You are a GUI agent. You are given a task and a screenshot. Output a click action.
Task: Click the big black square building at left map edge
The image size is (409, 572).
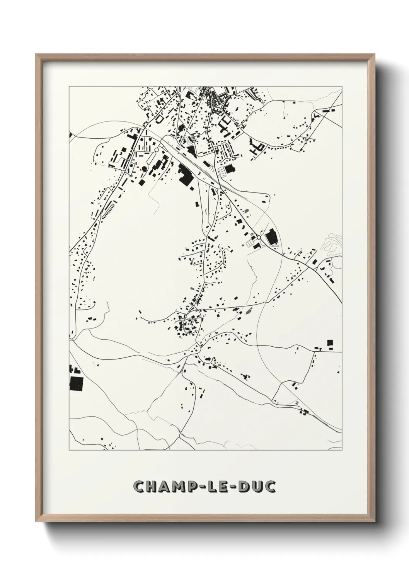76,384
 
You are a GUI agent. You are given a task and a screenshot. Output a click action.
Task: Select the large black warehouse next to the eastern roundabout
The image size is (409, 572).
271,237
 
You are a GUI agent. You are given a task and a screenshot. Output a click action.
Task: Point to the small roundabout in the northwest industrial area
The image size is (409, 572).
156,150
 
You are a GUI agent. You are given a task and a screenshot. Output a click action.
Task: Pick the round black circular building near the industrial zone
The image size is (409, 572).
144,169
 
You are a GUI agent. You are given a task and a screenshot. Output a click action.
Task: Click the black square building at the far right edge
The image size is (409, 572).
330,343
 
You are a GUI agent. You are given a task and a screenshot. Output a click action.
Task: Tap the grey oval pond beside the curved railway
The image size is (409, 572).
247,211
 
